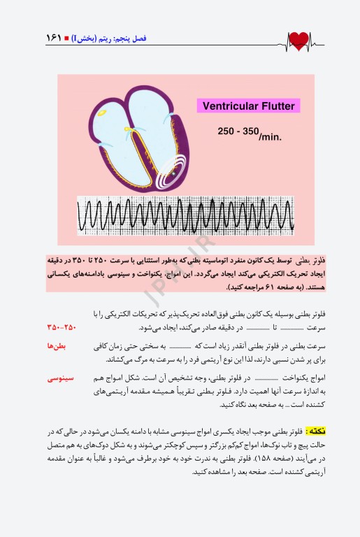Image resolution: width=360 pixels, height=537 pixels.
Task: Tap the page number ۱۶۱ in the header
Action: pos(53,39)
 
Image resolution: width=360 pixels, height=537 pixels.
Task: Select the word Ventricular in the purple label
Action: pos(226,106)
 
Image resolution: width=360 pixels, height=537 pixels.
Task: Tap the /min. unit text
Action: pos(271,136)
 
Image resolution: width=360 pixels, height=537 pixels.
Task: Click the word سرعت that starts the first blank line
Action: pos(315,327)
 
